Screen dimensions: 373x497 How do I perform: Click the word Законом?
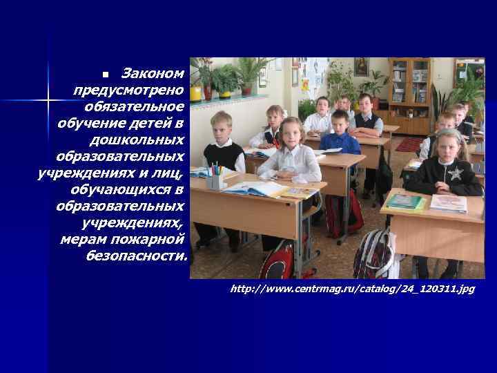[x=153, y=73]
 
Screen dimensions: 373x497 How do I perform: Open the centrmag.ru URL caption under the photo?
[x=353, y=288]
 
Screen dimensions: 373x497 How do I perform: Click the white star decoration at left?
[x=48, y=101]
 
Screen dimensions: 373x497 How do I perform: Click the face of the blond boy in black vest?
[x=221, y=128]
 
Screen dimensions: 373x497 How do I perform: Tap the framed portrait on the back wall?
[x=361, y=68]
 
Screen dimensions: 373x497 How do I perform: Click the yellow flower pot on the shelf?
[x=196, y=92]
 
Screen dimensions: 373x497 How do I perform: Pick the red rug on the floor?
[x=409, y=144]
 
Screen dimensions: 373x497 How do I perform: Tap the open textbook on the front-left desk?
[x=255, y=188]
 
